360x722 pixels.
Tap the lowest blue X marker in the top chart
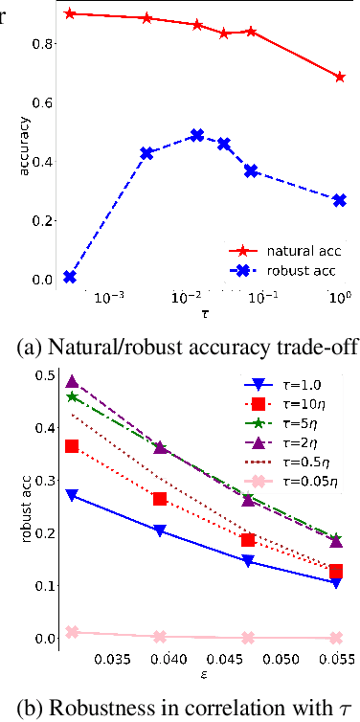pyautogui.click(x=69, y=277)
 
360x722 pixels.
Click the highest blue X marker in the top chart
pyautogui.click(x=197, y=135)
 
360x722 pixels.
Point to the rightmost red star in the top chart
pyautogui.click(x=340, y=77)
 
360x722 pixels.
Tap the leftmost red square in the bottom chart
pyautogui.click(x=71, y=420)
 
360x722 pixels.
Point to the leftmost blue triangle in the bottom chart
pyautogui.click(x=71, y=496)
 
